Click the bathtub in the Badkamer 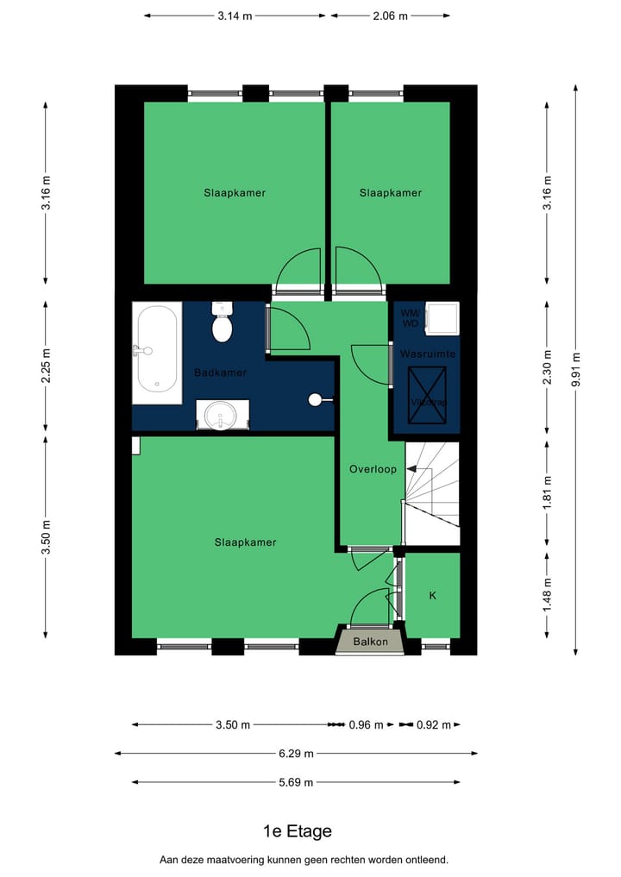[157, 352]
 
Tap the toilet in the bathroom [223, 324]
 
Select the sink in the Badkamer [223, 415]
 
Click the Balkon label [370, 642]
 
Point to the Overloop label [373, 469]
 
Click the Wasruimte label [428, 354]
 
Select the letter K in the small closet [432, 596]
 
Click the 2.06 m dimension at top [390, 16]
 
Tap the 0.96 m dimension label [366, 725]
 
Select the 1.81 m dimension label [546, 492]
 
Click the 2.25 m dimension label [46, 366]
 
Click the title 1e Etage [297, 831]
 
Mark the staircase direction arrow [413, 469]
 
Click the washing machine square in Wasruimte [448, 316]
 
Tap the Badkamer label [221, 373]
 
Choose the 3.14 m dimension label [235, 16]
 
